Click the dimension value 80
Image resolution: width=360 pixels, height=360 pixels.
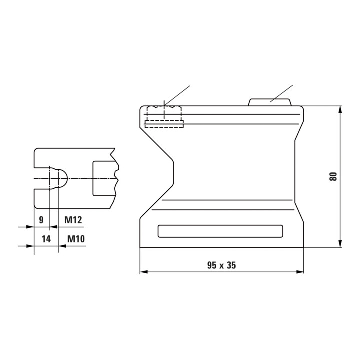point(333,177)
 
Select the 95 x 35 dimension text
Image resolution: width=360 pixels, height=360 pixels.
point(222,265)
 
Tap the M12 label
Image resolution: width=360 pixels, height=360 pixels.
point(73,220)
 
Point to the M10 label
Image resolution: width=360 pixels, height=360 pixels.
point(76,239)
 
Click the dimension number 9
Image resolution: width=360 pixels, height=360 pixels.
point(41,220)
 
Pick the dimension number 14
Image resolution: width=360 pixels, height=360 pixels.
point(46,239)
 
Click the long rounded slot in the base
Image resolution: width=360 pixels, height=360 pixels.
point(220,231)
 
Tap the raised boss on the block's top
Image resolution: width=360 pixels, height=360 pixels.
point(270,102)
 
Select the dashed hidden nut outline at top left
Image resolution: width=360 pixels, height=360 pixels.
point(164,117)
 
